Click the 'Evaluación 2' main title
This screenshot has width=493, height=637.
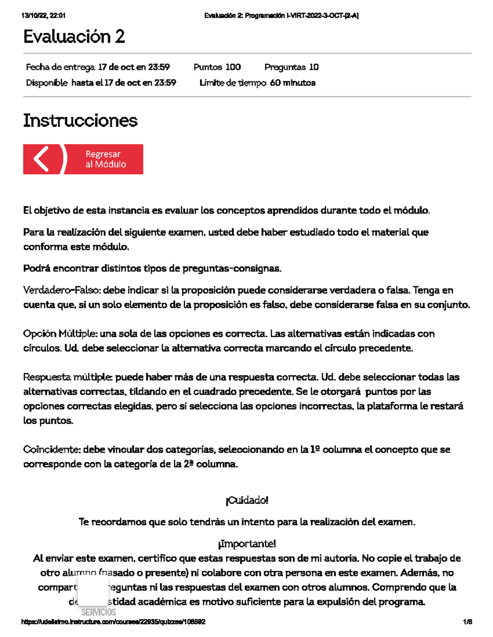point(74,37)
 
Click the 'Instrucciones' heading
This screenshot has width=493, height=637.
point(80,121)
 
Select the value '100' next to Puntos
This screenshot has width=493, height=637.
point(233,67)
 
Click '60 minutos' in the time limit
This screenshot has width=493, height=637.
point(293,83)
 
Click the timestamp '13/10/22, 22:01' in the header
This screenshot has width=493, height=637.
point(43,16)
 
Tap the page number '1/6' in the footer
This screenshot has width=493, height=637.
point(467,622)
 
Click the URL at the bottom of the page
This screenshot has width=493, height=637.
point(113,622)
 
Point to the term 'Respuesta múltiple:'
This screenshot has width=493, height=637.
point(68,377)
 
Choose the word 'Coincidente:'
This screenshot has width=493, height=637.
point(52,450)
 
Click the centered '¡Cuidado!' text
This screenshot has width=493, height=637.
point(246,500)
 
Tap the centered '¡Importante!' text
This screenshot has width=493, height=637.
point(246,544)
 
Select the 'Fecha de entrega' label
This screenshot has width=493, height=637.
point(60,67)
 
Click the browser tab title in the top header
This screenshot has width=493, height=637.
point(281,16)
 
